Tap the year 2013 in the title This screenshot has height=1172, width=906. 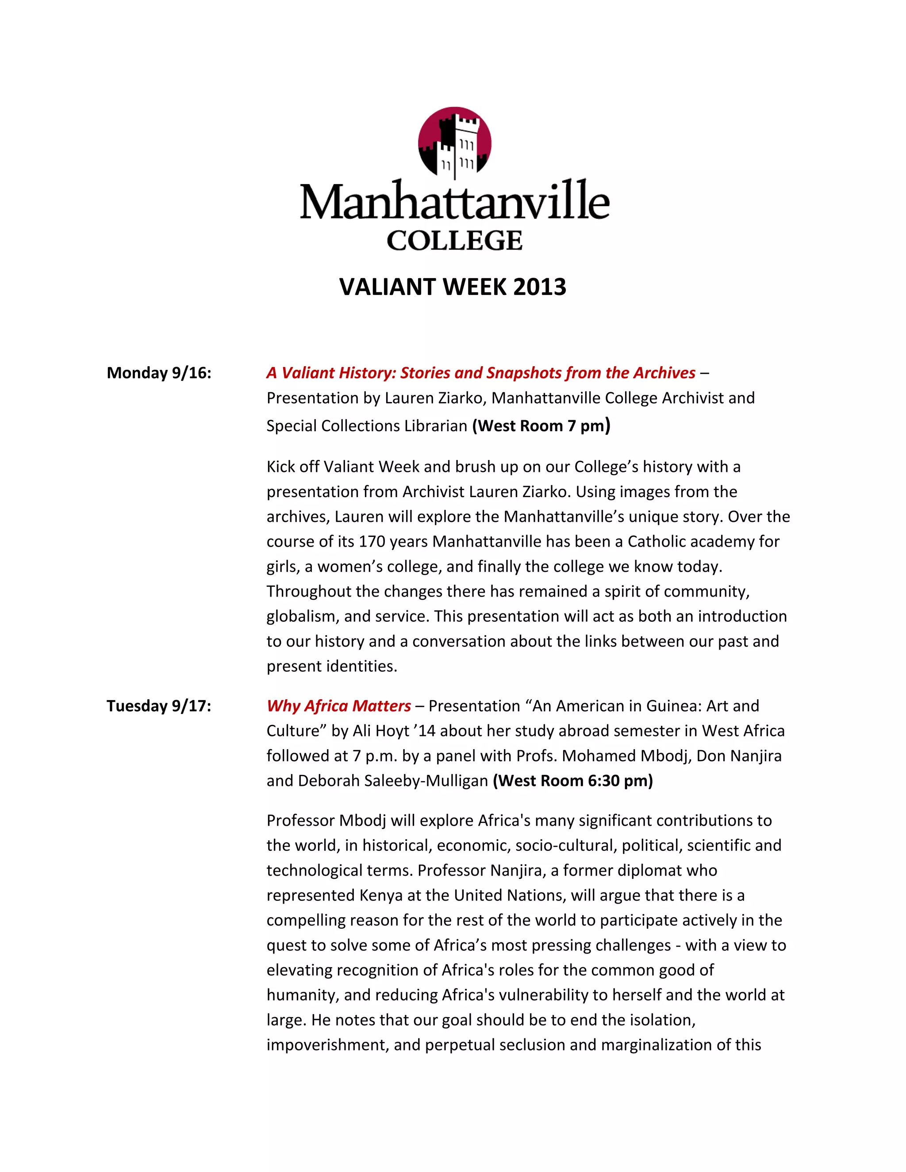(x=539, y=287)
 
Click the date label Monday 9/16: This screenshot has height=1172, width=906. (x=159, y=373)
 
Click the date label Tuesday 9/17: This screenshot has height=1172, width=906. (x=159, y=706)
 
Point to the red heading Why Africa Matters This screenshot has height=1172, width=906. (x=339, y=706)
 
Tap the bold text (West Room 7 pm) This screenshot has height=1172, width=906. (x=541, y=425)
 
